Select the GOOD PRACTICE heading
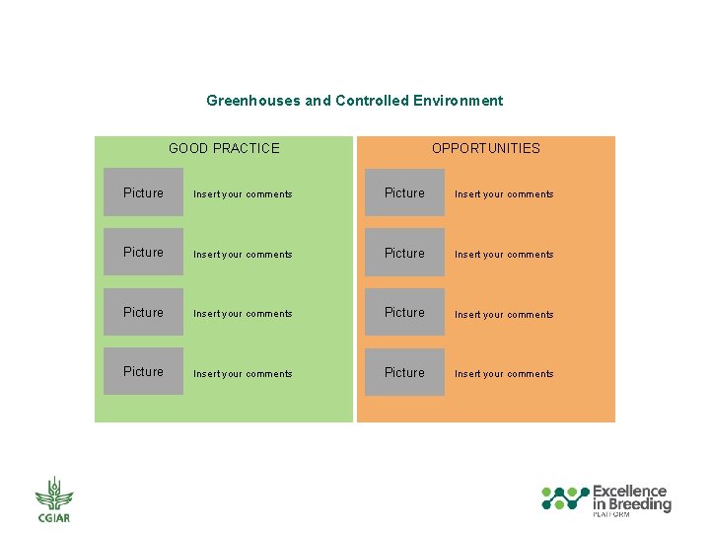point(224,148)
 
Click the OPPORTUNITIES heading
point(485,148)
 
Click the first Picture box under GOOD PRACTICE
point(144,192)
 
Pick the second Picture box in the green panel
point(144,253)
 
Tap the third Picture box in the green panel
point(144,312)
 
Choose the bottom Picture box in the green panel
point(144,371)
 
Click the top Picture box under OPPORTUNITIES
point(404,192)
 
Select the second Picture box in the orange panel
point(404,253)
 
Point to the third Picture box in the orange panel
point(404,312)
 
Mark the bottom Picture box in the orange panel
point(404,372)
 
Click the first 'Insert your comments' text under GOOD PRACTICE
point(243,194)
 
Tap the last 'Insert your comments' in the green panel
point(243,374)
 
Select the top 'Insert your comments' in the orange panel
point(504,194)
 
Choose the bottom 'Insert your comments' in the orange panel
point(504,374)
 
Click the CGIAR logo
point(53,499)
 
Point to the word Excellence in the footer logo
point(629,492)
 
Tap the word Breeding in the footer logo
point(640,504)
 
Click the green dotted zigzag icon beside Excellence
point(565,497)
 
